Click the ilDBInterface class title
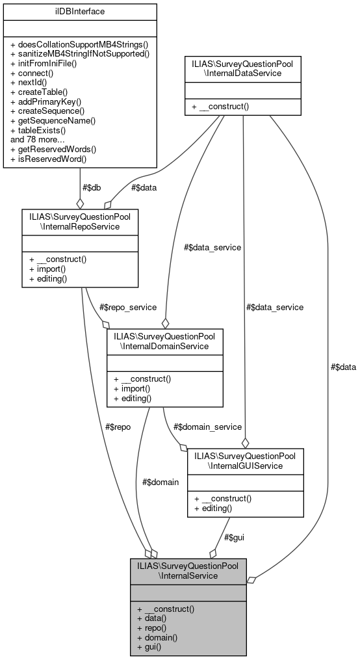coord(80,11)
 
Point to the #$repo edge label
coord(118,428)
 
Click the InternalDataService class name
coord(242,69)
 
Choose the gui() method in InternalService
coord(149,647)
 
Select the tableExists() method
coord(48,130)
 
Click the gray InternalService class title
coord(188,570)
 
